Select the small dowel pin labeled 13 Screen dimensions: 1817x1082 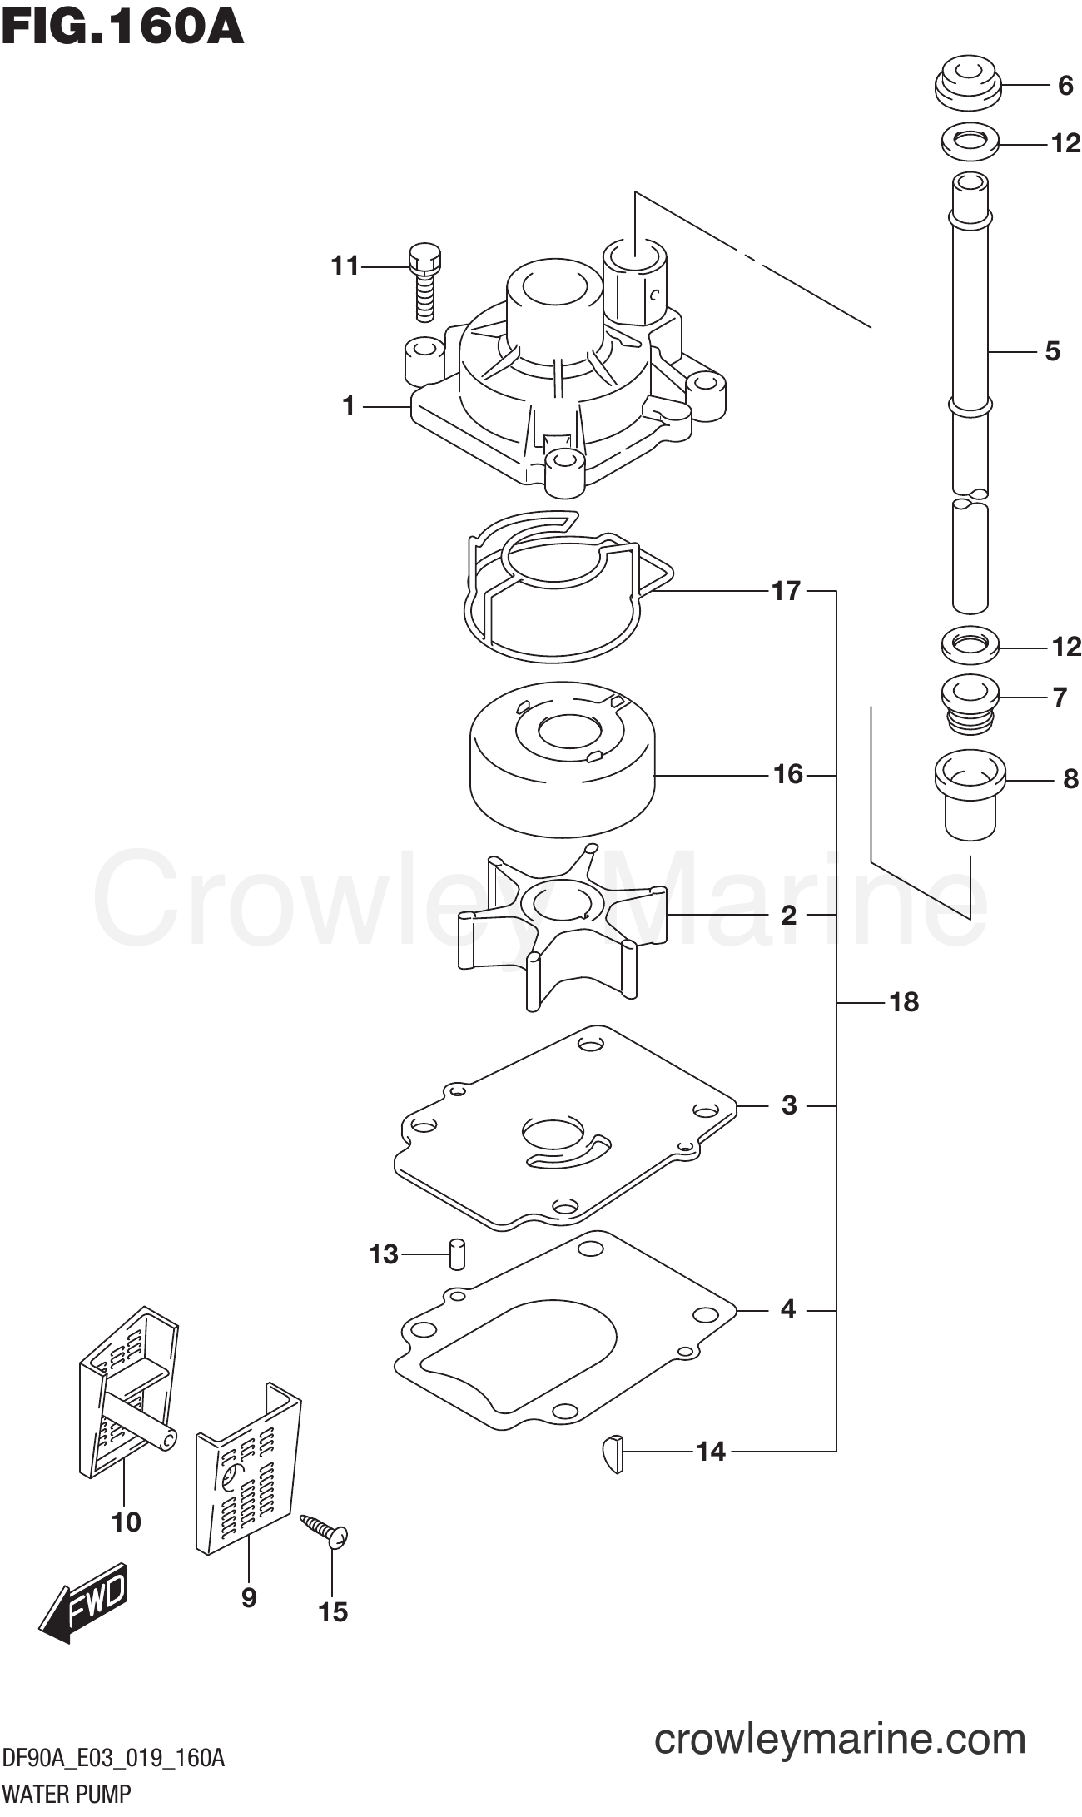(x=457, y=1254)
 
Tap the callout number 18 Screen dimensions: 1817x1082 (x=903, y=1002)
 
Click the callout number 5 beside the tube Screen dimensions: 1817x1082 (x=1052, y=352)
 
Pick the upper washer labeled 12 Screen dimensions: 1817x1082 (x=970, y=141)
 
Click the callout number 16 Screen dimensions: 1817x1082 (x=787, y=775)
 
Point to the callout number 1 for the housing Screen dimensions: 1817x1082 (x=349, y=406)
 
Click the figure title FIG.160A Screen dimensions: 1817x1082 (x=122, y=27)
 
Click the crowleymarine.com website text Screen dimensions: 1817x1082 (x=840, y=1739)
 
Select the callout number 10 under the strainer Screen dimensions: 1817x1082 (x=127, y=1522)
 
